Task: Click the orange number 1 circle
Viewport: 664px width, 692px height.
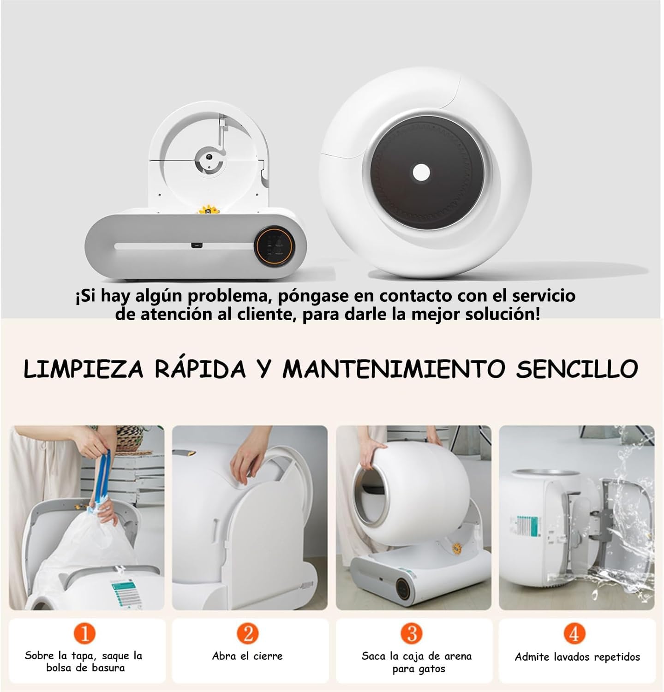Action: pos(85,633)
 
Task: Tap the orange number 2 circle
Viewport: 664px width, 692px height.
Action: pos(248,633)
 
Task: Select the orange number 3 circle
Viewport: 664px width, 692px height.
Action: pos(412,633)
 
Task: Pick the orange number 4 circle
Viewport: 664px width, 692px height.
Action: pos(574,633)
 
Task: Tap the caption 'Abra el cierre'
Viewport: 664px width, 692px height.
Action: pos(247,656)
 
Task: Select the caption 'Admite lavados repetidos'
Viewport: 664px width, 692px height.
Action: pos(577,657)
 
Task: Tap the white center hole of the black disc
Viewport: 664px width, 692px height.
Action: pos(421,173)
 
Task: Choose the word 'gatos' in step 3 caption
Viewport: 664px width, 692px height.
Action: pos(431,669)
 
